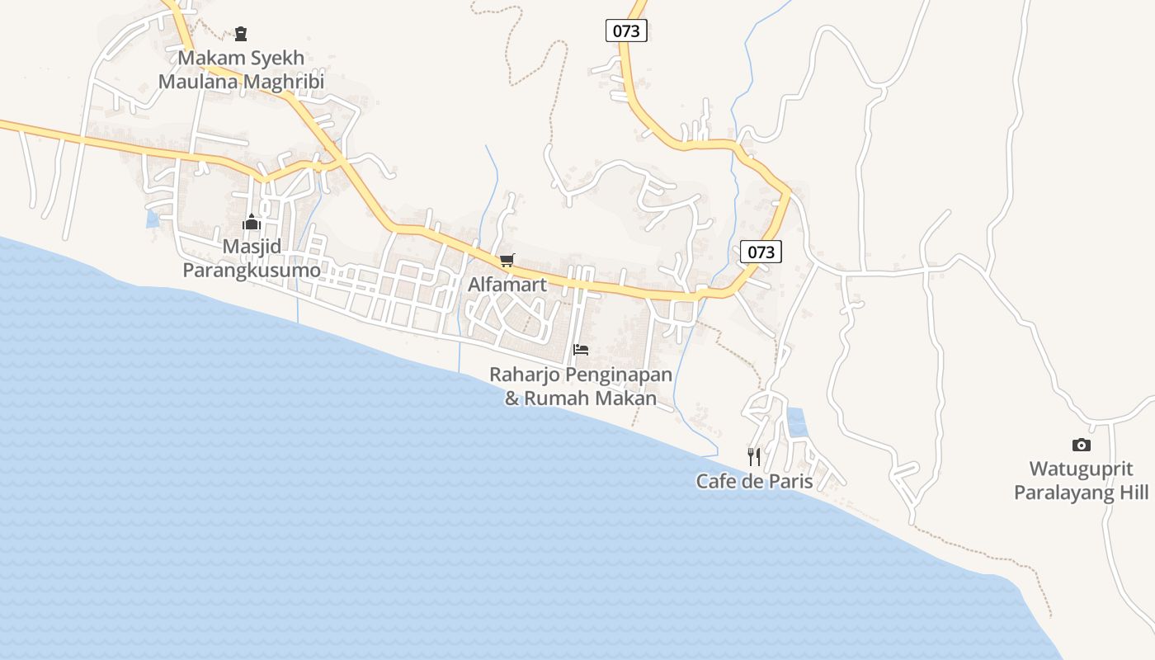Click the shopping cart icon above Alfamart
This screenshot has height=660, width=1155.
tap(507, 261)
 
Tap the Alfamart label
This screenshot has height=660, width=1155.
tap(507, 285)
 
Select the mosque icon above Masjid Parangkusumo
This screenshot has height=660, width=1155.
tap(252, 222)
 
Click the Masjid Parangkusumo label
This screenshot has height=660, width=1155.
tap(251, 258)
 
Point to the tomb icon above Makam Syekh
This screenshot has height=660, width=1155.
tap(240, 34)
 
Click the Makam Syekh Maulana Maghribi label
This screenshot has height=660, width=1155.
tap(241, 70)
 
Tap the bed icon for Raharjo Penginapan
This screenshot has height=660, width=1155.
tap(581, 350)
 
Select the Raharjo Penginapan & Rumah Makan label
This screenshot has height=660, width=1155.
tap(581, 386)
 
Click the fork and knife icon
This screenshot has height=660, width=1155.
tap(754, 456)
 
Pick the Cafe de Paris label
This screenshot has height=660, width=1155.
tap(754, 482)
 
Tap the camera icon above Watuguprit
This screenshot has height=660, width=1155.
tap(1081, 445)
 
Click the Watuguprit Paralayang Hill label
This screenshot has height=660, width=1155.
tap(1081, 481)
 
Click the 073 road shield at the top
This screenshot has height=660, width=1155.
tap(626, 31)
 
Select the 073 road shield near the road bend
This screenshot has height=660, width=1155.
tap(761, 252)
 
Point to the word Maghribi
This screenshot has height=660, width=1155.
tap(283, 82)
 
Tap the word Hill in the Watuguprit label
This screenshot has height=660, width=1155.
tap(1132, 493)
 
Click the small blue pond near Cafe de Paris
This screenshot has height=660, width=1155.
tap(797, 422)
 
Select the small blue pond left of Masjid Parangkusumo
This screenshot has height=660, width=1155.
tap(153, 219)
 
